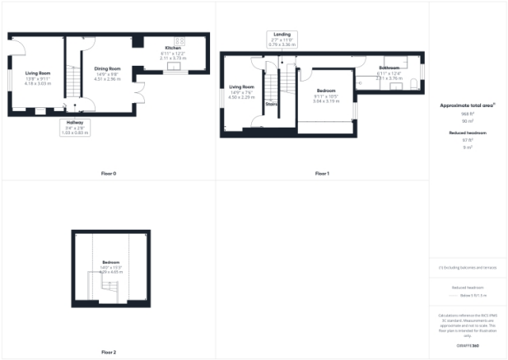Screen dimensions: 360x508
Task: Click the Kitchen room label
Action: coord(172,48)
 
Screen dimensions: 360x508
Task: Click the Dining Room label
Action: coord(107,68)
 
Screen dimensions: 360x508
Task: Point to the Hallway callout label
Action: coord(74,124)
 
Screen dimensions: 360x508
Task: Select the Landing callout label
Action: coord(281,34)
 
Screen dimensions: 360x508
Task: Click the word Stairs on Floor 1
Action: coord(271,105)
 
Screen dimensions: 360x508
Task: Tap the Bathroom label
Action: coord(389,67)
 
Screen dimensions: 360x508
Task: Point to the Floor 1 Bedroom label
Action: coord(325,90)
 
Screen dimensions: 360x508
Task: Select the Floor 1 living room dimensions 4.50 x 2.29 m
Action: coord(241,96)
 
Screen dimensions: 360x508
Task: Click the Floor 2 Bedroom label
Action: coord(110,263)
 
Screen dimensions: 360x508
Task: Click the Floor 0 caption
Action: coord(108,174)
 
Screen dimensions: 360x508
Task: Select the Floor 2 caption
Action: coord(108,352)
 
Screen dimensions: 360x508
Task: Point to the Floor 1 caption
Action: coord(322,174)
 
